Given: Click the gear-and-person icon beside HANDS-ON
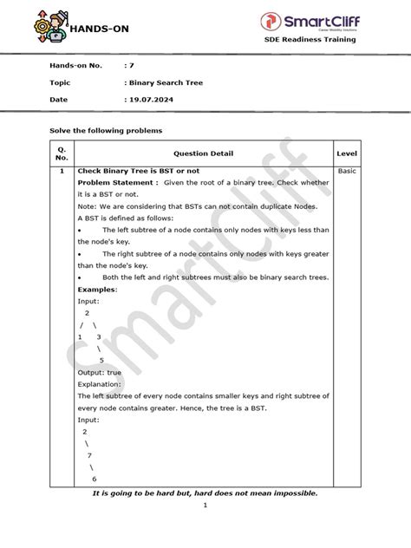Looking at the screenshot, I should click(x=44, y=23).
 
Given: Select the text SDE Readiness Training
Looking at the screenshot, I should click(x=323, y=42).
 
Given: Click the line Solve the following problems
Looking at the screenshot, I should click(x=105, y=130).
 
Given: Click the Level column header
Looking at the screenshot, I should click(x=347, y=153).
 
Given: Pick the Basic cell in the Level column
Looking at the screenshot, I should click(x=347, y=172).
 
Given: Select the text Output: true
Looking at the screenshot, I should click(x=100, y=371).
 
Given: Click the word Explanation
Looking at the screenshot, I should click(x=101, y=382).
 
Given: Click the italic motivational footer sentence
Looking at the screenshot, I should click(x=205, y=493).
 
